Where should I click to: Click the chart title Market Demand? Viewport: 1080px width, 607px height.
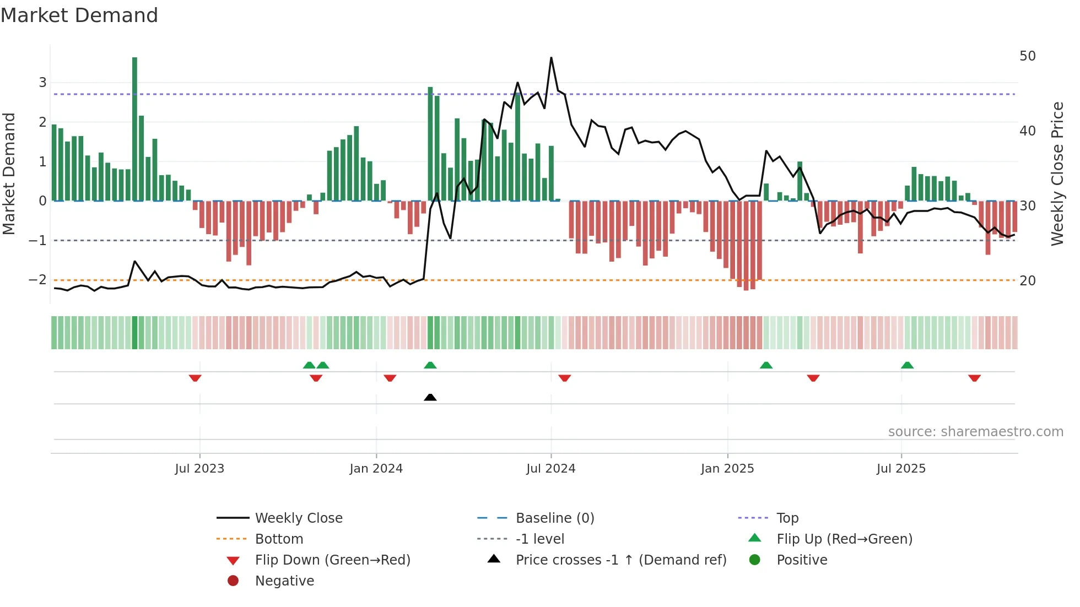pos(79,15)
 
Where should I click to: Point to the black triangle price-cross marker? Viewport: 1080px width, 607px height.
pos(430,397)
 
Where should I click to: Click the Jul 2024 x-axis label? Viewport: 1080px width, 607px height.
pos(550,469)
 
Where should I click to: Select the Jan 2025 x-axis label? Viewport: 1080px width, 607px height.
pos(727,469)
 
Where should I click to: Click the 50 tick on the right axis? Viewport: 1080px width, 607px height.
pos(1027,56)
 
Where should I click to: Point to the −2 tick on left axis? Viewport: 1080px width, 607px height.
pos(37,280)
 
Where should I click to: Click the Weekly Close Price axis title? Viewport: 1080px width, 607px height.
pos(1057,174)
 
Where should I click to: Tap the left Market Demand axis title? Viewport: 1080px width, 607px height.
pos(9,174)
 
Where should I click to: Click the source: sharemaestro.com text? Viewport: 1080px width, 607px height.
pos(975,432)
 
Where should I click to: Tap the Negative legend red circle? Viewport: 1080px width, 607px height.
pos(233,581)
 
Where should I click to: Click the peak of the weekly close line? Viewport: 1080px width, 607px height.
pos(551,58)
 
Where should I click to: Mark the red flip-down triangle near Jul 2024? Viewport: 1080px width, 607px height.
pos(564,378)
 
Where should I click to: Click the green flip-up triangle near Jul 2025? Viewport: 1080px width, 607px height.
pos(907,365)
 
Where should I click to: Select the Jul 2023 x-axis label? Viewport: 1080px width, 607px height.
pos(199,469)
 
